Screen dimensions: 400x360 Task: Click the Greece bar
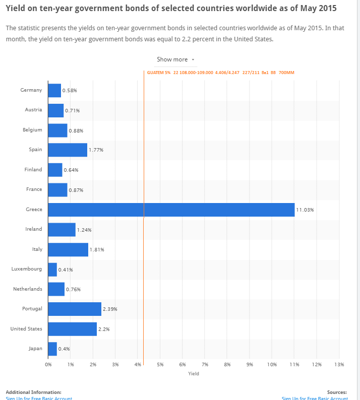(x=171, y=210)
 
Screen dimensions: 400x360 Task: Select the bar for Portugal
(x=75, y=309)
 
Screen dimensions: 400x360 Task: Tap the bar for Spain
(x=68, y=150)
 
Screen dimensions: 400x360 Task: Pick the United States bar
(x=72, y=329)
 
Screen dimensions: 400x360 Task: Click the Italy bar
(x=68, y=249)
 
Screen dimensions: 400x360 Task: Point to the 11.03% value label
(x=305, y=210)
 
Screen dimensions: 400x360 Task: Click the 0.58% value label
(x=70, y=90)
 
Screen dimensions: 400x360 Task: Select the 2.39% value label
(x=110, y=309)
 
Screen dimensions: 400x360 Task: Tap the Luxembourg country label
(x=27, y=269)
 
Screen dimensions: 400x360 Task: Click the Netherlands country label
(x=28, y=289)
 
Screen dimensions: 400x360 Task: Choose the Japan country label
(x=35, y=349)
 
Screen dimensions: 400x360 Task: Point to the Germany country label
(x=31, y=90)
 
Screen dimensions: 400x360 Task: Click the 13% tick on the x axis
(x=339, y=364)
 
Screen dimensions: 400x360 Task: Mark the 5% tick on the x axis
(x=160, y=364)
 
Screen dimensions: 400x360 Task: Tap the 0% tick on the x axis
(x=48, y=364)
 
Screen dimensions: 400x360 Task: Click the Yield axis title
(x=194, y=374)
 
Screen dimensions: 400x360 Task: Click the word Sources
(x=337, y=392)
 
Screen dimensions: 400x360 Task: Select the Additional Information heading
(x=33, y=392)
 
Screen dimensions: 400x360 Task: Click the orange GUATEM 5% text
(x=158, y=73)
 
